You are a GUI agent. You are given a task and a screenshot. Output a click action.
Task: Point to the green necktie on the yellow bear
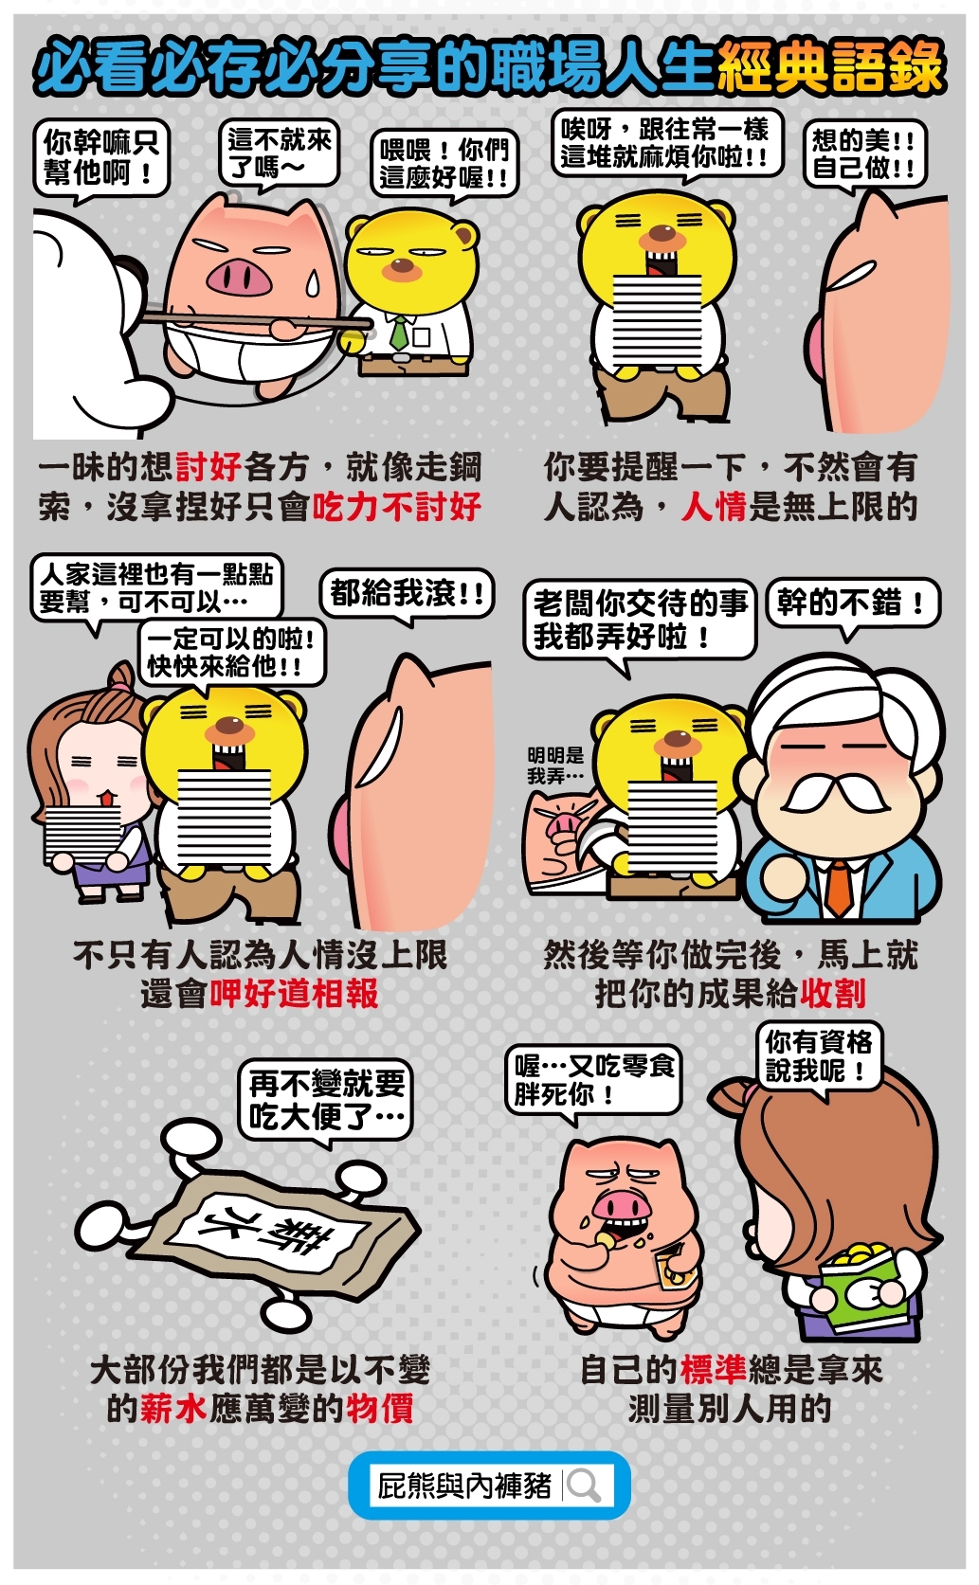(x=399, y=332)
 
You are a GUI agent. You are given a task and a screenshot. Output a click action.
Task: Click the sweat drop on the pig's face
(x=313, y=283)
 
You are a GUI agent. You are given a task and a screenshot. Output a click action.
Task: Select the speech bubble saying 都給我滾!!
(x=407, y=595)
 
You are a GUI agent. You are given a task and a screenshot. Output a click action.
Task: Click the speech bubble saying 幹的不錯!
(x=853, y=605)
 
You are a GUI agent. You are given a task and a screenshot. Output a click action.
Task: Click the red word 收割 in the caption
(x=832, y=994)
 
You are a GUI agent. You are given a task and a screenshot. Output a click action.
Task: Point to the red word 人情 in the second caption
(x=714, y=507)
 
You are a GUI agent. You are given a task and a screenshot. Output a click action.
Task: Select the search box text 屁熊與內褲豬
(x=464, y=1485)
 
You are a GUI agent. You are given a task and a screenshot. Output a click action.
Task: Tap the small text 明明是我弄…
(x=555, y=765)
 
